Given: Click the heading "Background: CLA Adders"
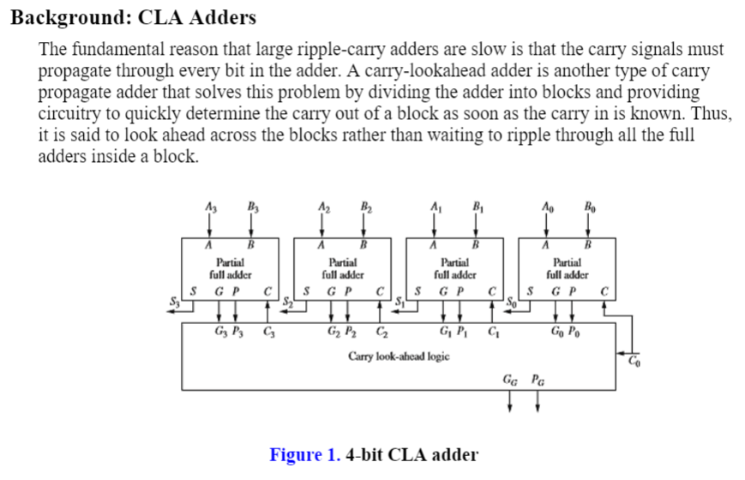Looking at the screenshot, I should (x=133, y=17).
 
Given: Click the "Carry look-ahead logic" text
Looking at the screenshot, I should (x=398, y=355).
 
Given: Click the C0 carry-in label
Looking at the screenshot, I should (x=634, y=361).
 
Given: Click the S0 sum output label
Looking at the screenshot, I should (x=510, y=301).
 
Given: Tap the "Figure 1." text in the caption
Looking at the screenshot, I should (x=305, y=454).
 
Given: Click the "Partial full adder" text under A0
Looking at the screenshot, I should (x=568, y=269).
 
